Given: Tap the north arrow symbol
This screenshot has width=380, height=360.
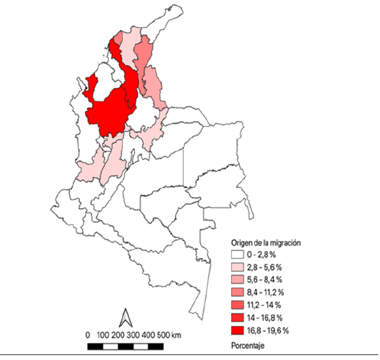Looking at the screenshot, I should coord(125,318).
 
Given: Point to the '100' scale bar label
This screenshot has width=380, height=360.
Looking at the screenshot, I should coord(103,336).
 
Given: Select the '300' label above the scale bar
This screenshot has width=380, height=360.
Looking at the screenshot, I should coord(133,336).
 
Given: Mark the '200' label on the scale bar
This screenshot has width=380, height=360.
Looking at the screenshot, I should coord(118,336).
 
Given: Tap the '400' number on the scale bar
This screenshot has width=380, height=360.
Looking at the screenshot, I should coord(148,336).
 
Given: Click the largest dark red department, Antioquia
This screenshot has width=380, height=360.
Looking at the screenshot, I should coord(111,111).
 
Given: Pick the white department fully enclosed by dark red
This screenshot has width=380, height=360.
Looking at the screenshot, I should coord(105,83).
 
